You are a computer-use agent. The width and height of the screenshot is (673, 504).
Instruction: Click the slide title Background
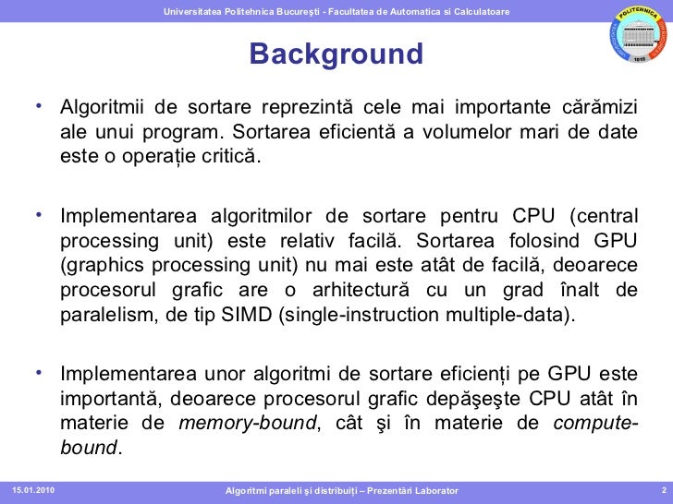tap(336, 54)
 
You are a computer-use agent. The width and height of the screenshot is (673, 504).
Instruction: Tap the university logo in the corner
tap(638, 34)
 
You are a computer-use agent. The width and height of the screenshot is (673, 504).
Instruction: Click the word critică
tap(229, 153)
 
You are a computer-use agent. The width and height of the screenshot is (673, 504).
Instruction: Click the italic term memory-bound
tap(247, 423)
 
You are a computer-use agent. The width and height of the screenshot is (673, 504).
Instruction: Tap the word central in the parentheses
tap(606, 217)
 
